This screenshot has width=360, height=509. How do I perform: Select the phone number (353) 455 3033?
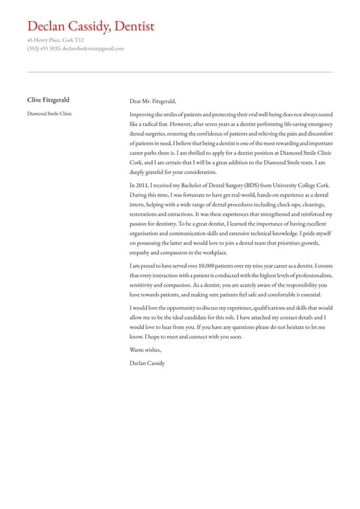click(x=43, y=48)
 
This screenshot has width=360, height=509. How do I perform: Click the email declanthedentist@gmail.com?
click(x=93, y=48)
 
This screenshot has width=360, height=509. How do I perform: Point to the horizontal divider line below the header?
click(x=180, y=72)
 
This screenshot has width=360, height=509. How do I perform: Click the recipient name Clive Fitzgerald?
click(x=48, y=101)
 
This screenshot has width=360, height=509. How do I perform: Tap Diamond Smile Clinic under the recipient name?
click(x=50, y=114)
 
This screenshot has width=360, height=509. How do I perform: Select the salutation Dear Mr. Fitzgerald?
click(x=153, y=101)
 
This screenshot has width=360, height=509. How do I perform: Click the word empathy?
click(x=141, y=253)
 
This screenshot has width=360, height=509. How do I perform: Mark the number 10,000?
click(x=197, y=265)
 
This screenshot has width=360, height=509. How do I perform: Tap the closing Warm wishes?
click(x=146, y=349)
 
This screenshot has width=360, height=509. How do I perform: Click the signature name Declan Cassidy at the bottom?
click(x=148, y=363)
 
